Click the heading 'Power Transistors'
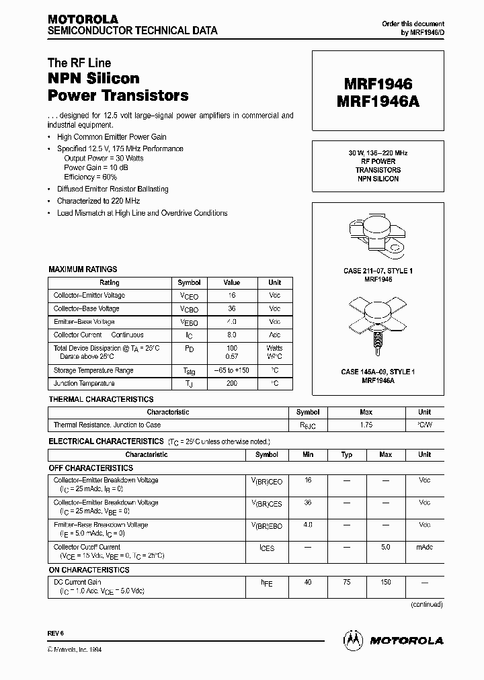[118, 95]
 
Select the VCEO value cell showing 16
[232, 296]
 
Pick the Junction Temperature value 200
[232, 384]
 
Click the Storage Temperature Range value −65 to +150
[232, 370]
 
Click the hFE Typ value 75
[347, 582]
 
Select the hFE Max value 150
[386, 582]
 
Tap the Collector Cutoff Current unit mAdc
[424, 548]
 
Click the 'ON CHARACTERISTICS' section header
[89, 570]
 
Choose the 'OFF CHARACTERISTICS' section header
[91, 468]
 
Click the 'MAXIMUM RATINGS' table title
[83, 269]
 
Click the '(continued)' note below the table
[427, 604]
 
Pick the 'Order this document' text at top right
[413, 24]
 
